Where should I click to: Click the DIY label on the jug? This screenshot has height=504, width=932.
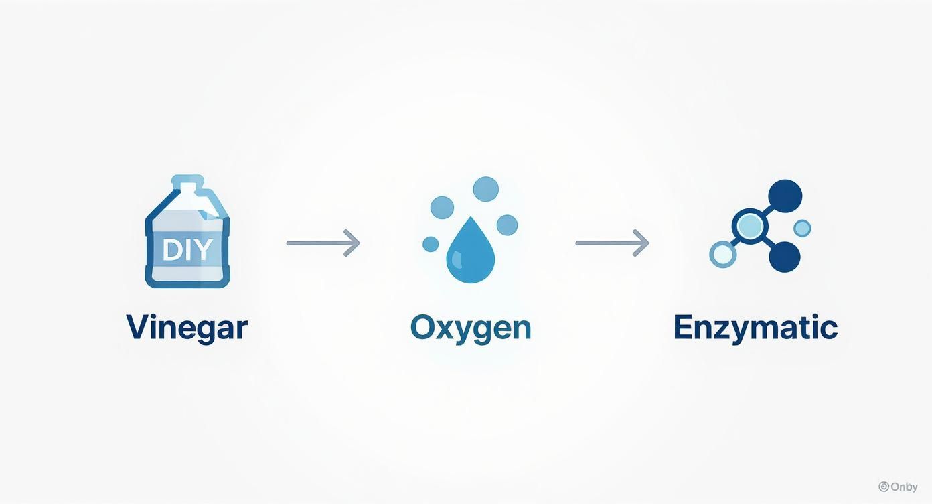187,250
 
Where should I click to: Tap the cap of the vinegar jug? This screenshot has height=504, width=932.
187,182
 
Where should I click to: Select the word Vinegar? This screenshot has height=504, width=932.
187,328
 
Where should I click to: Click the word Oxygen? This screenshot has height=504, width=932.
471,328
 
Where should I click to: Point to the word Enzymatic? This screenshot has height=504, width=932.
755,328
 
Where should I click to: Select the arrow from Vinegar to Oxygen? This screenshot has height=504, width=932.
323,243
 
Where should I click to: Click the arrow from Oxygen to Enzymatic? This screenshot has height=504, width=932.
612,243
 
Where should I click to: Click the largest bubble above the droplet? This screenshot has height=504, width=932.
486,189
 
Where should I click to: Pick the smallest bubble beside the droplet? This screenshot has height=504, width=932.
431,244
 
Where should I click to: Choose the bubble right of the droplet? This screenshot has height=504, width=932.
507,225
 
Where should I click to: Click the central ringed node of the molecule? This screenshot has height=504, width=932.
749,225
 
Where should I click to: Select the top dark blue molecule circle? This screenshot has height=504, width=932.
785,196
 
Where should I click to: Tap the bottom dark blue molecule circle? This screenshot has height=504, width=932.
785,256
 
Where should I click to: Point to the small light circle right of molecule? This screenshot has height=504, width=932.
802,228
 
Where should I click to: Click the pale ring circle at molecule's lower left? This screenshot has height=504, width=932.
722,254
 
